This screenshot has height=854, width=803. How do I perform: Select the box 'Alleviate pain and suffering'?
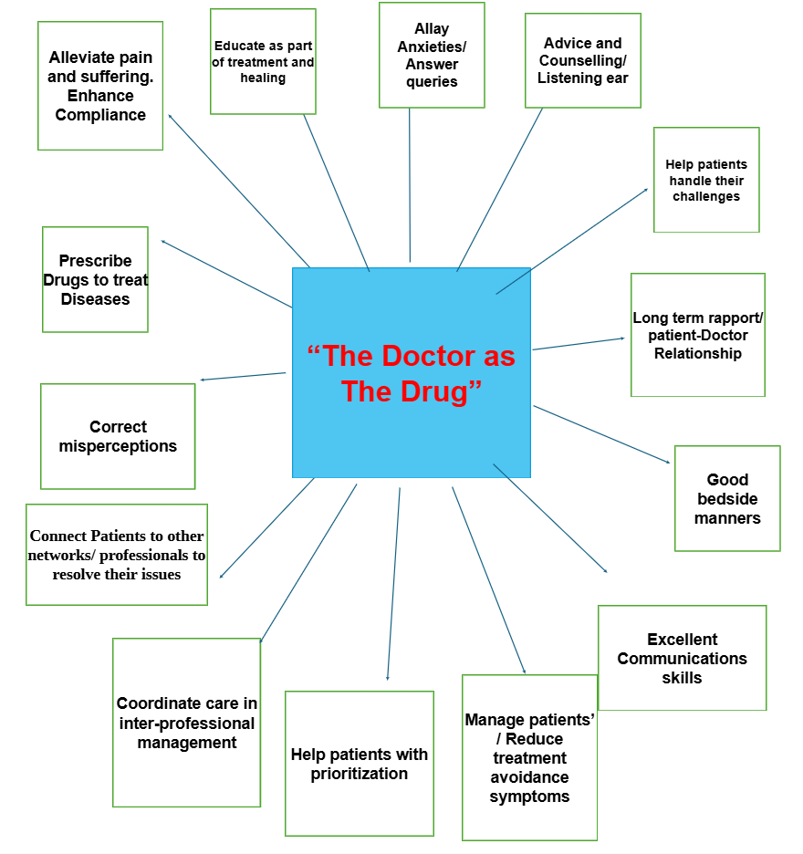(100, 86)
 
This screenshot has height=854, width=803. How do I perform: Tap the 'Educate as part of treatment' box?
(263, 61)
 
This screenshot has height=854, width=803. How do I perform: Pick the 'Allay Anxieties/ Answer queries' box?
(432, 55)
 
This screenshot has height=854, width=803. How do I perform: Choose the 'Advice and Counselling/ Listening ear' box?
(583, 60)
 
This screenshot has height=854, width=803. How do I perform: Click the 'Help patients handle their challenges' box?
(706, 180)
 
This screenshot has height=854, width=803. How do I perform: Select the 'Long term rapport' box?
(698, 335)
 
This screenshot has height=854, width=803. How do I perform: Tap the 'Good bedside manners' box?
(727, 498)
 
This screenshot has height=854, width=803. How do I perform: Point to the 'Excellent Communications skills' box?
(682, 658)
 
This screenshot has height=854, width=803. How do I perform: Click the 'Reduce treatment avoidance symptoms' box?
(529, 757)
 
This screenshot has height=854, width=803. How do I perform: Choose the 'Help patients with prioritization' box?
(360, 764)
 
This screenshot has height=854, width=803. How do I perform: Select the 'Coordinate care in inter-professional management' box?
(187, 723)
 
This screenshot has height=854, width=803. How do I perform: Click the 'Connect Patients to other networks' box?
(117, 555)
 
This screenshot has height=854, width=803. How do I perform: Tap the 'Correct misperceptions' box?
(118, 436)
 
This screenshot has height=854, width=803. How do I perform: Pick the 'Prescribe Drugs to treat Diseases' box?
(95, 279)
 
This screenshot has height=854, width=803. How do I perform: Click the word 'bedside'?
(727, 499)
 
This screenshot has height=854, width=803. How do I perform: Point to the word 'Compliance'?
(100, 115)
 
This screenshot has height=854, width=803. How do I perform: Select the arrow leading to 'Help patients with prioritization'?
(393, 584)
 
